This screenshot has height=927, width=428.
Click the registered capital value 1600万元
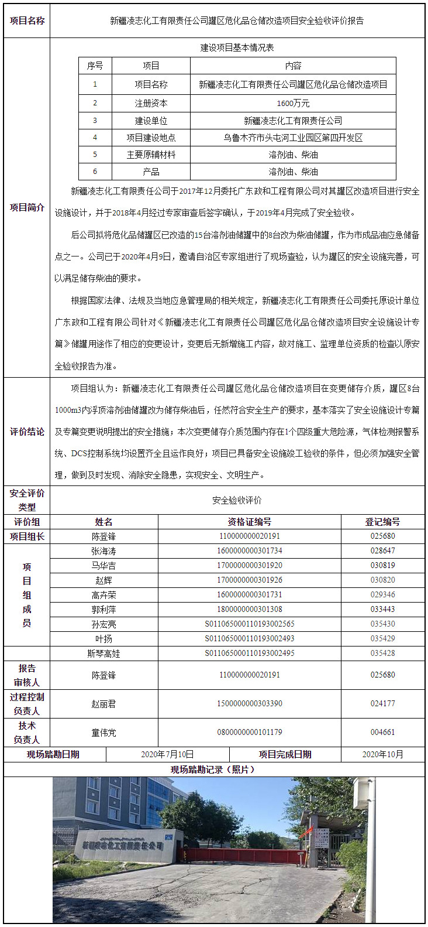(x=293, y=103)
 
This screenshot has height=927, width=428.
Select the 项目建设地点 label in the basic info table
(x=151, y=138)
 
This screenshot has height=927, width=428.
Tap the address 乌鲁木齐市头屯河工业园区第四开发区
(x=293, y=138)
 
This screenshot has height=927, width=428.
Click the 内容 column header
(x=293, y=66)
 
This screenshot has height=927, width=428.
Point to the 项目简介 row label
(x=27, y=207)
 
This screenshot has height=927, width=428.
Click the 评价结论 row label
(x=27, y=432)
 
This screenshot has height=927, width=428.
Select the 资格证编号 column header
(x=249, y=522)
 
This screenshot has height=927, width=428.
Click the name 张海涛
(x=103, y=551)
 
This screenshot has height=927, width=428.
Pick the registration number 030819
(x=382, y=566)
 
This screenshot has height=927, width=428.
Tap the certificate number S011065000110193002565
(x=249, y=624)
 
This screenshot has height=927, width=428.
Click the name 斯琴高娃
(x=103, y=654)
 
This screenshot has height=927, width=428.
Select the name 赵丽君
(x=103, y=704)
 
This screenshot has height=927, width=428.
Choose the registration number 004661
(x=382, y=733)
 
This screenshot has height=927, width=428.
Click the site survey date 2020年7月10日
(x=167, y=754)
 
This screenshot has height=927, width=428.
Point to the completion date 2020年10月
(x=382, y=754)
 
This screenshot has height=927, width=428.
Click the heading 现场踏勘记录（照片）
(x=213, y=769)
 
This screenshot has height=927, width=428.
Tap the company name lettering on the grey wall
(x=122, y=846)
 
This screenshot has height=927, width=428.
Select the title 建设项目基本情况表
(x=237, y=47)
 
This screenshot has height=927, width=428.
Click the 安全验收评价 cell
(x=237, y=500)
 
